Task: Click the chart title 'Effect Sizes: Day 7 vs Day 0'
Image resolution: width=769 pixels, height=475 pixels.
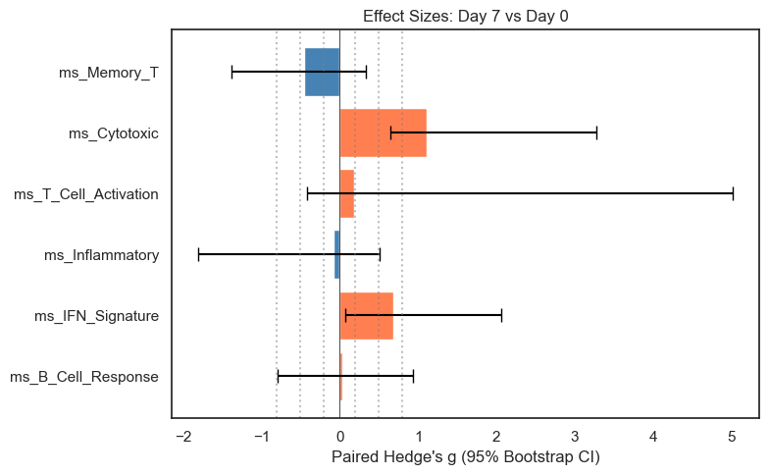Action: (466, 16)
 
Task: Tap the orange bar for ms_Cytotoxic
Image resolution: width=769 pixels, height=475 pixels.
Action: (383, 132)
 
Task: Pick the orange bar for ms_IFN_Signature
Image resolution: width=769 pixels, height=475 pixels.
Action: (366, 316)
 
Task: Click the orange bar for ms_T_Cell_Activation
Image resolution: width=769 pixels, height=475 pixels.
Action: (347, 193)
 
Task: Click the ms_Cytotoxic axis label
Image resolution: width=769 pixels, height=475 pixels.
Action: (113, 132)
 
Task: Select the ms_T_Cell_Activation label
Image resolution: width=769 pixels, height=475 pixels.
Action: (86, 194)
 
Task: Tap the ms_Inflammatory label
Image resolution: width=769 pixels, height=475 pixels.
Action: (101, 255)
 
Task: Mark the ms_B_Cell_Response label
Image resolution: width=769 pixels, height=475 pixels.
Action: (83, 377)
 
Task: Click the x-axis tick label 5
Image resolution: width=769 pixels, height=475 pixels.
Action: (731, 436)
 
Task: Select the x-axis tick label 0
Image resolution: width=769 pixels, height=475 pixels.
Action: (340, 436)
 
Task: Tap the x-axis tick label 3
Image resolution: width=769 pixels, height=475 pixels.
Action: (575, 436)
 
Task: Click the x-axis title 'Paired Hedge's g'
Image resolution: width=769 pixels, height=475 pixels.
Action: (466, 457)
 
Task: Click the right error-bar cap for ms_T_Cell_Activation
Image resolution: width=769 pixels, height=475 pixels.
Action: (733, 193)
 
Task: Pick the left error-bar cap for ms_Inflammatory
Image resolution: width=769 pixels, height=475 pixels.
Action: (198, 255)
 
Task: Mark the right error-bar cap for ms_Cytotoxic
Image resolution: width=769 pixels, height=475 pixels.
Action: (596, 132)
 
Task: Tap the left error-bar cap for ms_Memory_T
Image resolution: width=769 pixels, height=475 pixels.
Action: (231, 72)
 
